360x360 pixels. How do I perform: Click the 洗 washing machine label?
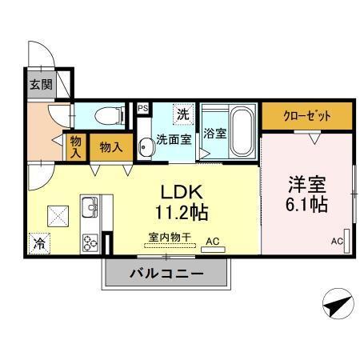[182, 114]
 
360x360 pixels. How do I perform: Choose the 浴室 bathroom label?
[214, 134]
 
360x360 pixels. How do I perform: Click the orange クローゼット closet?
[307, 115]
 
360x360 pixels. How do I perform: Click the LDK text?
[185, 193]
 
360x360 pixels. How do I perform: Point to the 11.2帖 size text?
[185, 214]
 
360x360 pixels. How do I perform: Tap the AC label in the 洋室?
[337, 241]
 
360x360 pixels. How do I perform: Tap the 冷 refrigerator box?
[38, 243]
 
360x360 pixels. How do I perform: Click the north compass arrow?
[337, 305]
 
